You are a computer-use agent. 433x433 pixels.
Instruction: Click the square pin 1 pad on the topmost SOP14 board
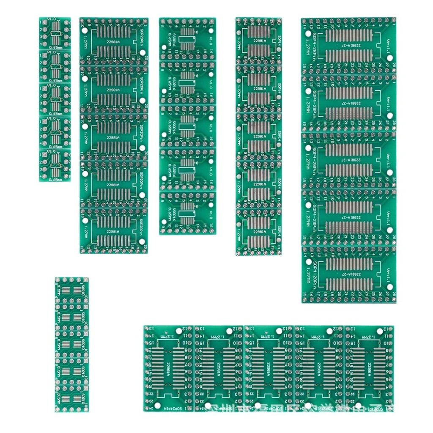point(278,20)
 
